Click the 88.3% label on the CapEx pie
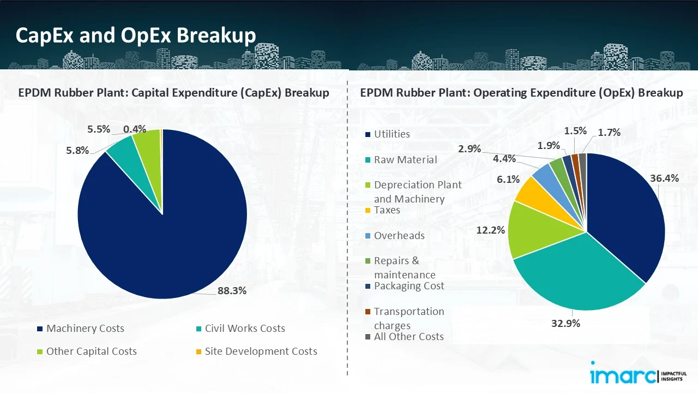click(232, 291)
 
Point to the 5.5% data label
click(99, 129)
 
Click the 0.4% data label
click(135, 129)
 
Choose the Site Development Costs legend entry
click(261, 352)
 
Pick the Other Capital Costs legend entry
click(91, 352)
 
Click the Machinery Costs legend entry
click(85, 329)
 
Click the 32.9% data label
click(566, 323)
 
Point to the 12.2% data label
click(490, 230)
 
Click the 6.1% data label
click(508, 179)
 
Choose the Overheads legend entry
click(399, 236)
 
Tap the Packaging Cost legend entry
click(409, 286)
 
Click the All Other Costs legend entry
click(408, 337)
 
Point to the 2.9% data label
click(469, 149)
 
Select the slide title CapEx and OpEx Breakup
click(136, 35)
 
